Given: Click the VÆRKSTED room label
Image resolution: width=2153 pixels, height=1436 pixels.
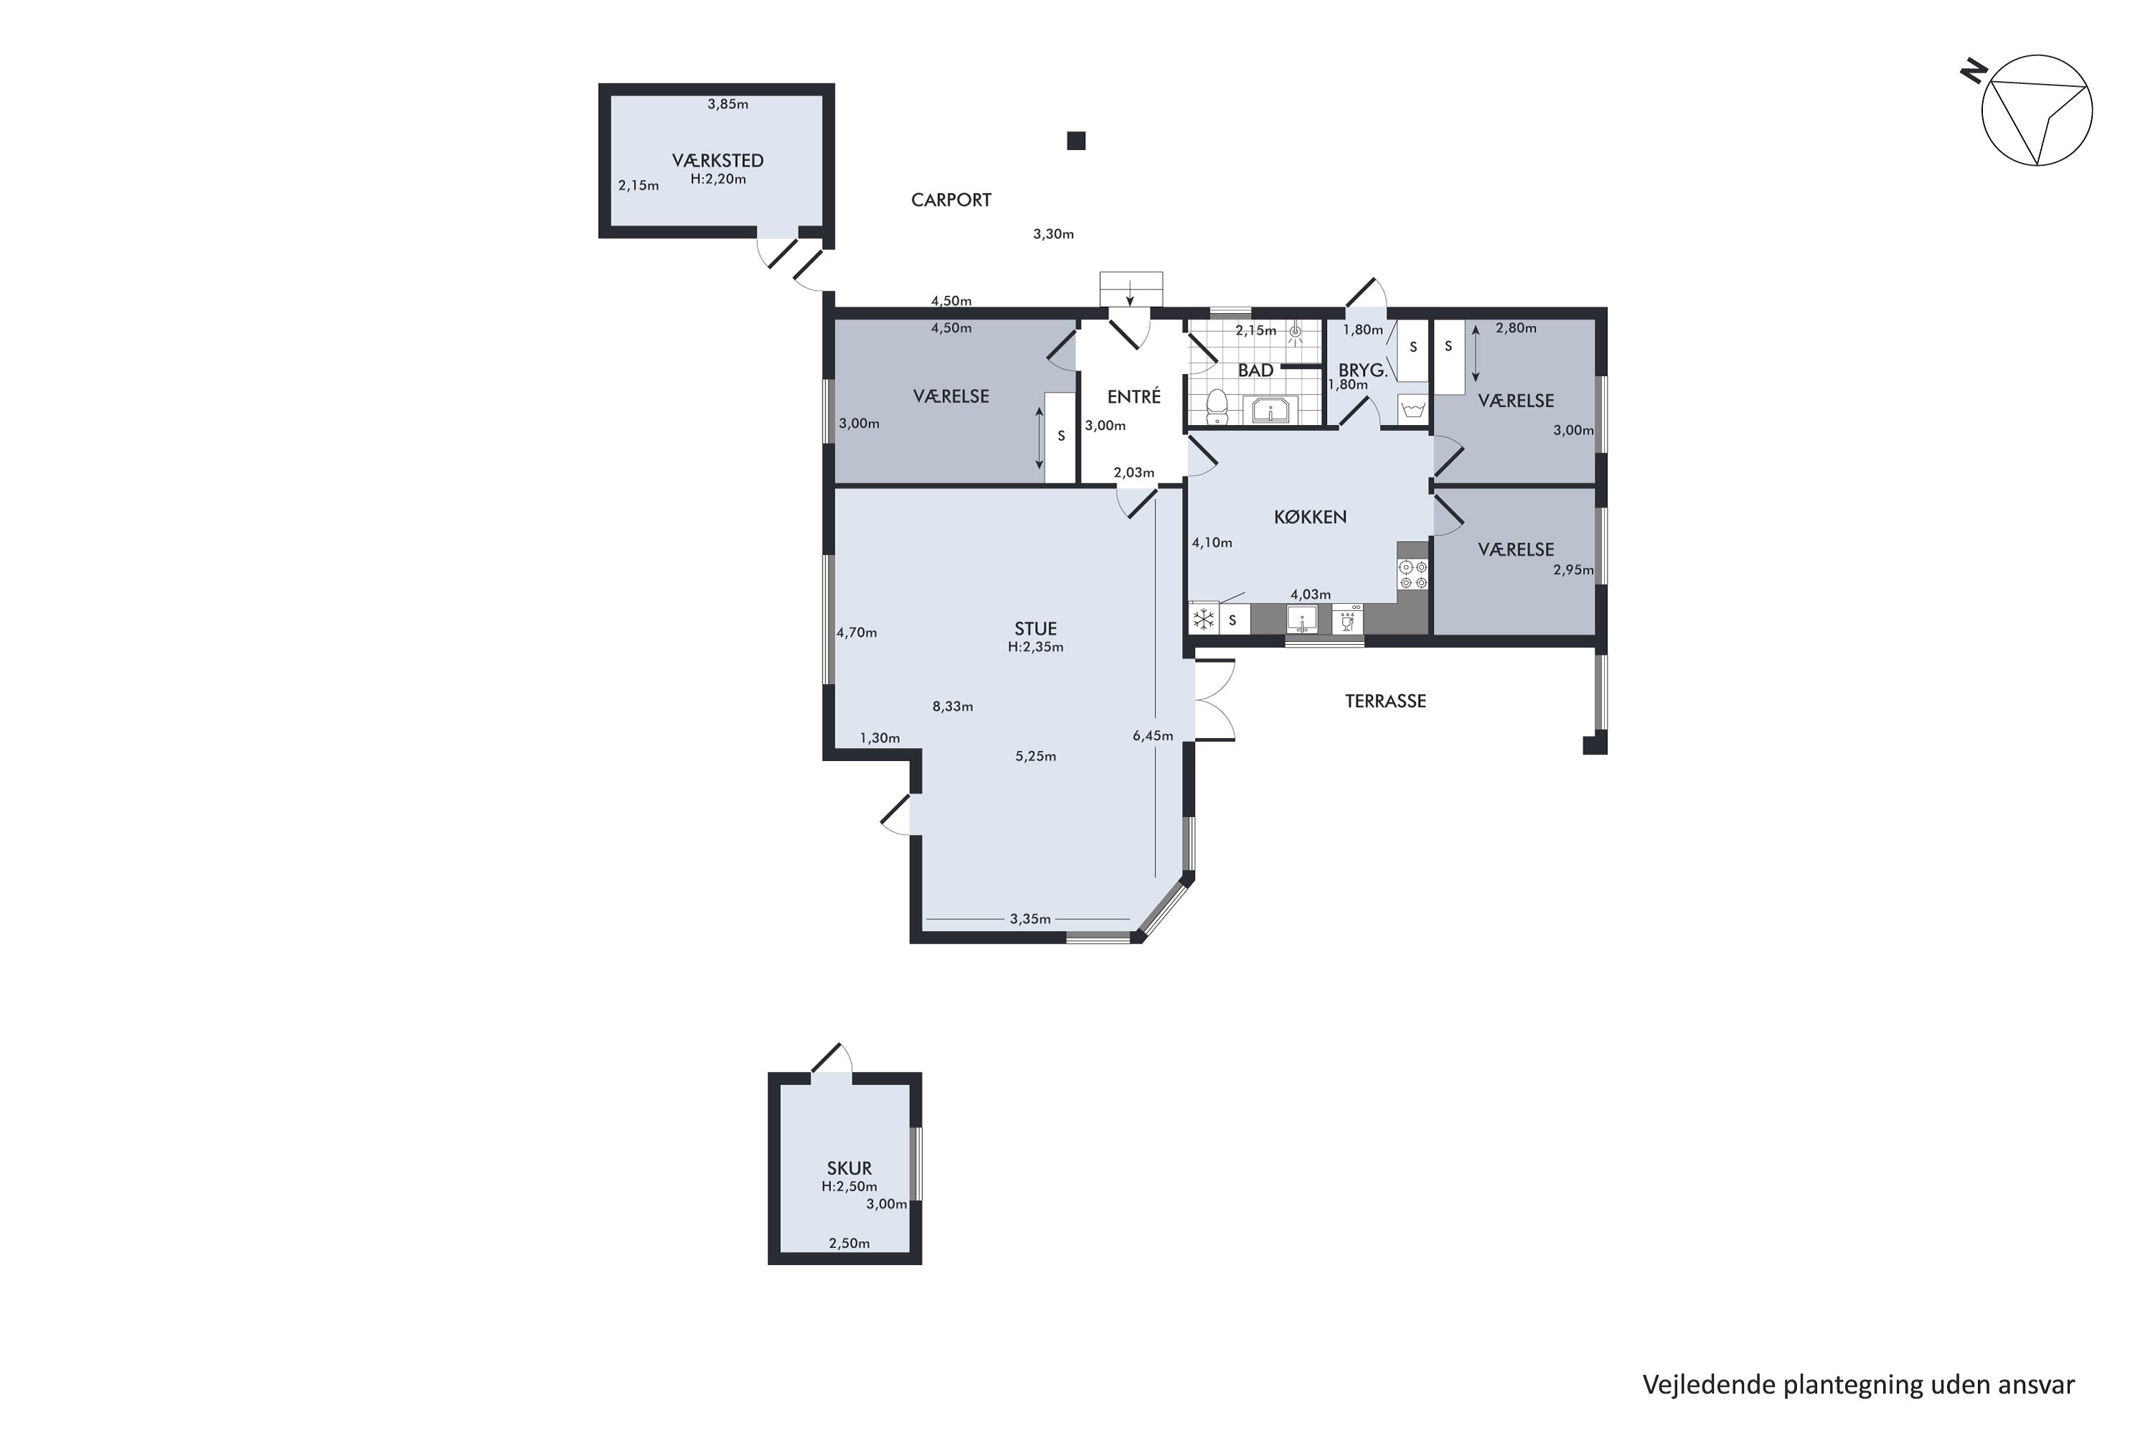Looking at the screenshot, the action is pyautogui.click(x=718, y=160).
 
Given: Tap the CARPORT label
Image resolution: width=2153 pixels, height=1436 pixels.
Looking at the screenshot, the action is pyautogui.click(x=951, y=200).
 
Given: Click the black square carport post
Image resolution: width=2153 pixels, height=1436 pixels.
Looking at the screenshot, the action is pyautogui.click(x=1076, y=141).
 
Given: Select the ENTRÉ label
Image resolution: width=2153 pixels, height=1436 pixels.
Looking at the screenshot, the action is pyautogui.click(x=1134, y=396).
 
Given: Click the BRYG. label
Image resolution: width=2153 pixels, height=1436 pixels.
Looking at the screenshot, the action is pyautogui.click(x=1363, y=370).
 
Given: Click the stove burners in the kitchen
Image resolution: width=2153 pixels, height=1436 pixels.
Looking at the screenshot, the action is pyautogui.click(x=1413, y=574).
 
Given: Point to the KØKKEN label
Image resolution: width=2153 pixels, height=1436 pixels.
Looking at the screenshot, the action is pyautogui.click(x=1310, y=516).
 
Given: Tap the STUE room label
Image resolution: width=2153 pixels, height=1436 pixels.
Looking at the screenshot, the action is pyautogui.click(x=1036, y=628).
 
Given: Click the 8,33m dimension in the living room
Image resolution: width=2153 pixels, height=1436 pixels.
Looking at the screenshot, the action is pyautogui.click(x=953, y=706).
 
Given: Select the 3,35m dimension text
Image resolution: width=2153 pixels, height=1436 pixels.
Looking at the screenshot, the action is pyautogui.click(x=1030, y=918).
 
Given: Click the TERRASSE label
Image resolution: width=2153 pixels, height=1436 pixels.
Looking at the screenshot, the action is pyautogui.click(x=1385, y=701).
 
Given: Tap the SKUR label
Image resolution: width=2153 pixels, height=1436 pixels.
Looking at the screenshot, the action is pyautogui.click(x=850, y=1167).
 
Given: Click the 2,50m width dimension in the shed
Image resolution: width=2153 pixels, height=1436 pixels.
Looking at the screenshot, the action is pyautogui.click(x=850, y=1243).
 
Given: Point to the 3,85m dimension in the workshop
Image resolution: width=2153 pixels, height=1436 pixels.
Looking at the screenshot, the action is pyautogui.click(x=728, y=104).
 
